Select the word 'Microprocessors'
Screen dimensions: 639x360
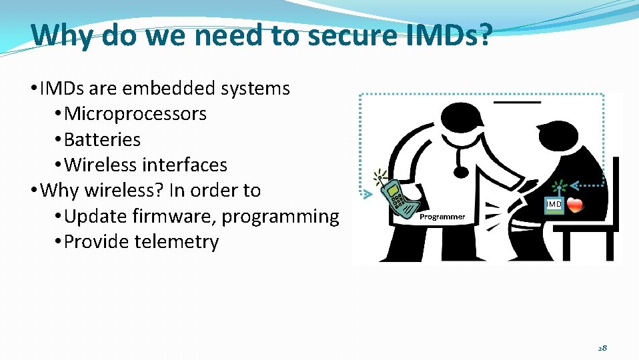(x=135, y=114)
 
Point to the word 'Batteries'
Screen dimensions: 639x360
(x=102, y=140)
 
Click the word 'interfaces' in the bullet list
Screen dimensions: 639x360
(x=185, y=165)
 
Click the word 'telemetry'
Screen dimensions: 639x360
(x=177, y=242)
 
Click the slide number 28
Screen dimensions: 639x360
(x=602, y=347)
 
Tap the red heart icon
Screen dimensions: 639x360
(x=575, y=204)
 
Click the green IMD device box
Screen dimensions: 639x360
(x=554, y=204)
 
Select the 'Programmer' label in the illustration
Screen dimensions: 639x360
(x=442, y=217)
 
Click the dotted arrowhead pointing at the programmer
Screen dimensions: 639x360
(x=367, y=195)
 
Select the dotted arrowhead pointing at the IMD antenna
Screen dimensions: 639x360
(x=578, y=185)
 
